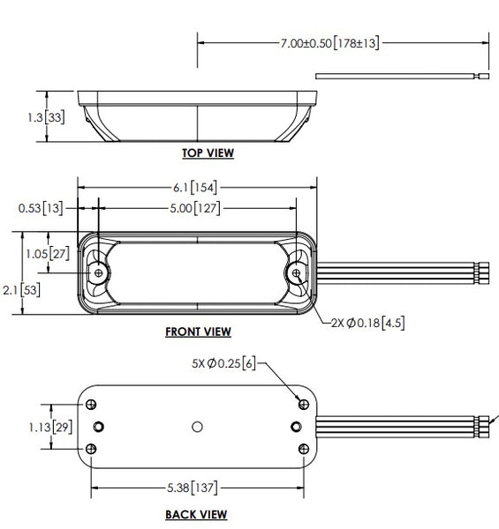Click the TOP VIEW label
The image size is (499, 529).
pos(208,153)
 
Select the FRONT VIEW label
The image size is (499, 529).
pos(199,332)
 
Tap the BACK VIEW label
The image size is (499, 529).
pos(196,515)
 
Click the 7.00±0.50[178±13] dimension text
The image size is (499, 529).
pos(329,43)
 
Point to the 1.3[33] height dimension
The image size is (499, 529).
pos(46,117)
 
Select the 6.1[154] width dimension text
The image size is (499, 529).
pos(195,187)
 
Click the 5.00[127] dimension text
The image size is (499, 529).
pos(195,208)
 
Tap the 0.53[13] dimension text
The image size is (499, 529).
pos(41,208)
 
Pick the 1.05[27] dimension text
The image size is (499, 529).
pos(48,253)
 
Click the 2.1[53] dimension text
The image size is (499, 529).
pos(21,290)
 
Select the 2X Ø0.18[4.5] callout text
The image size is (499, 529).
pos(367,323)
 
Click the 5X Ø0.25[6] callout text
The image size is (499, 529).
pos(224,363)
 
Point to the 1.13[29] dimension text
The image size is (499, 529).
pos(50,428)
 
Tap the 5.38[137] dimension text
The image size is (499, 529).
pos(193,488)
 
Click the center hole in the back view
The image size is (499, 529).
pos(197,427)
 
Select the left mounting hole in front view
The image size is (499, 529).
pos(99,272)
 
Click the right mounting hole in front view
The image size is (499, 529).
pos(296,272)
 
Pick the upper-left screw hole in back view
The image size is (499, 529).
pos(91,404)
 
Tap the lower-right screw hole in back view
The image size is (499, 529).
pos(304,449)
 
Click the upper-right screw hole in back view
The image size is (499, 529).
pos(304,404)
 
